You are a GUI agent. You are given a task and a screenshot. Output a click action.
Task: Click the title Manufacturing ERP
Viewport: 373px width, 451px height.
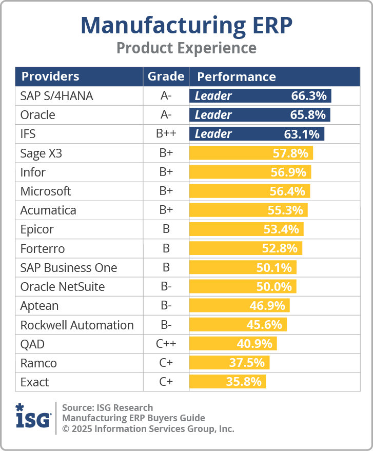click(x=186, y=25)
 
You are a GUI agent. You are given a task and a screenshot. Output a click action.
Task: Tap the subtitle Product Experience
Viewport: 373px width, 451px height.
click(x=186, y=48)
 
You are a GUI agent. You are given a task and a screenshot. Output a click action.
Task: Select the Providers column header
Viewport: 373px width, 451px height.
click(x=50, y=77)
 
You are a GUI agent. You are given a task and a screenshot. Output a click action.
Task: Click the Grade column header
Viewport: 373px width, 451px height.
click(x=166, y=77)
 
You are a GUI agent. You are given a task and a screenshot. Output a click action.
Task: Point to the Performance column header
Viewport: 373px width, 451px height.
click(x=237, y=77)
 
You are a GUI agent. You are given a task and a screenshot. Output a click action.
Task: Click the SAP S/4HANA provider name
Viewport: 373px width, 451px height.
click(x=56, y=96)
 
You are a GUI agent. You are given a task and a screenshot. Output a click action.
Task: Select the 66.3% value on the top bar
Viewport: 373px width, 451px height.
click(x=309, y=96)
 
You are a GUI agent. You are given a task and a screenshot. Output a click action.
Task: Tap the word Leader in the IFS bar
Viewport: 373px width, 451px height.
click(x=213, y=134)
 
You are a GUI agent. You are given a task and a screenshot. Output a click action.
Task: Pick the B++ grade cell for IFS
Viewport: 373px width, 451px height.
click(x=166, y=134)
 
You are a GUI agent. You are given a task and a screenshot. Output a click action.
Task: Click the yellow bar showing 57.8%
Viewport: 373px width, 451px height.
click(x=251, y=153)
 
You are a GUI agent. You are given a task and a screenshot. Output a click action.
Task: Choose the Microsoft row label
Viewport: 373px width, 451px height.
click(x=46, y=191)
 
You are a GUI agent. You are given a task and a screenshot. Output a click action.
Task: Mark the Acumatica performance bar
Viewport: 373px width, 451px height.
click(x=248, y=210)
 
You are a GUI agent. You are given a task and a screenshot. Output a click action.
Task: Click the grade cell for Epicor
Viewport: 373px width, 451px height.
click(x=166, y=229)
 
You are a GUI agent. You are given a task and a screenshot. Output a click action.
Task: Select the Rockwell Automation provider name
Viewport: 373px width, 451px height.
click(x=77, y=325)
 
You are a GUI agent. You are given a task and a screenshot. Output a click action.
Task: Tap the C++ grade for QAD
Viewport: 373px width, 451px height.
click(x=166, y=344)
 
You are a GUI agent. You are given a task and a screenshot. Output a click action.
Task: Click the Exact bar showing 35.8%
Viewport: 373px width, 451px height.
click(x=227, y=382)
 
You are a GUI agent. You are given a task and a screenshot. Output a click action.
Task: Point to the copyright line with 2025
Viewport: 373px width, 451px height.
click(x=148, y=428)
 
